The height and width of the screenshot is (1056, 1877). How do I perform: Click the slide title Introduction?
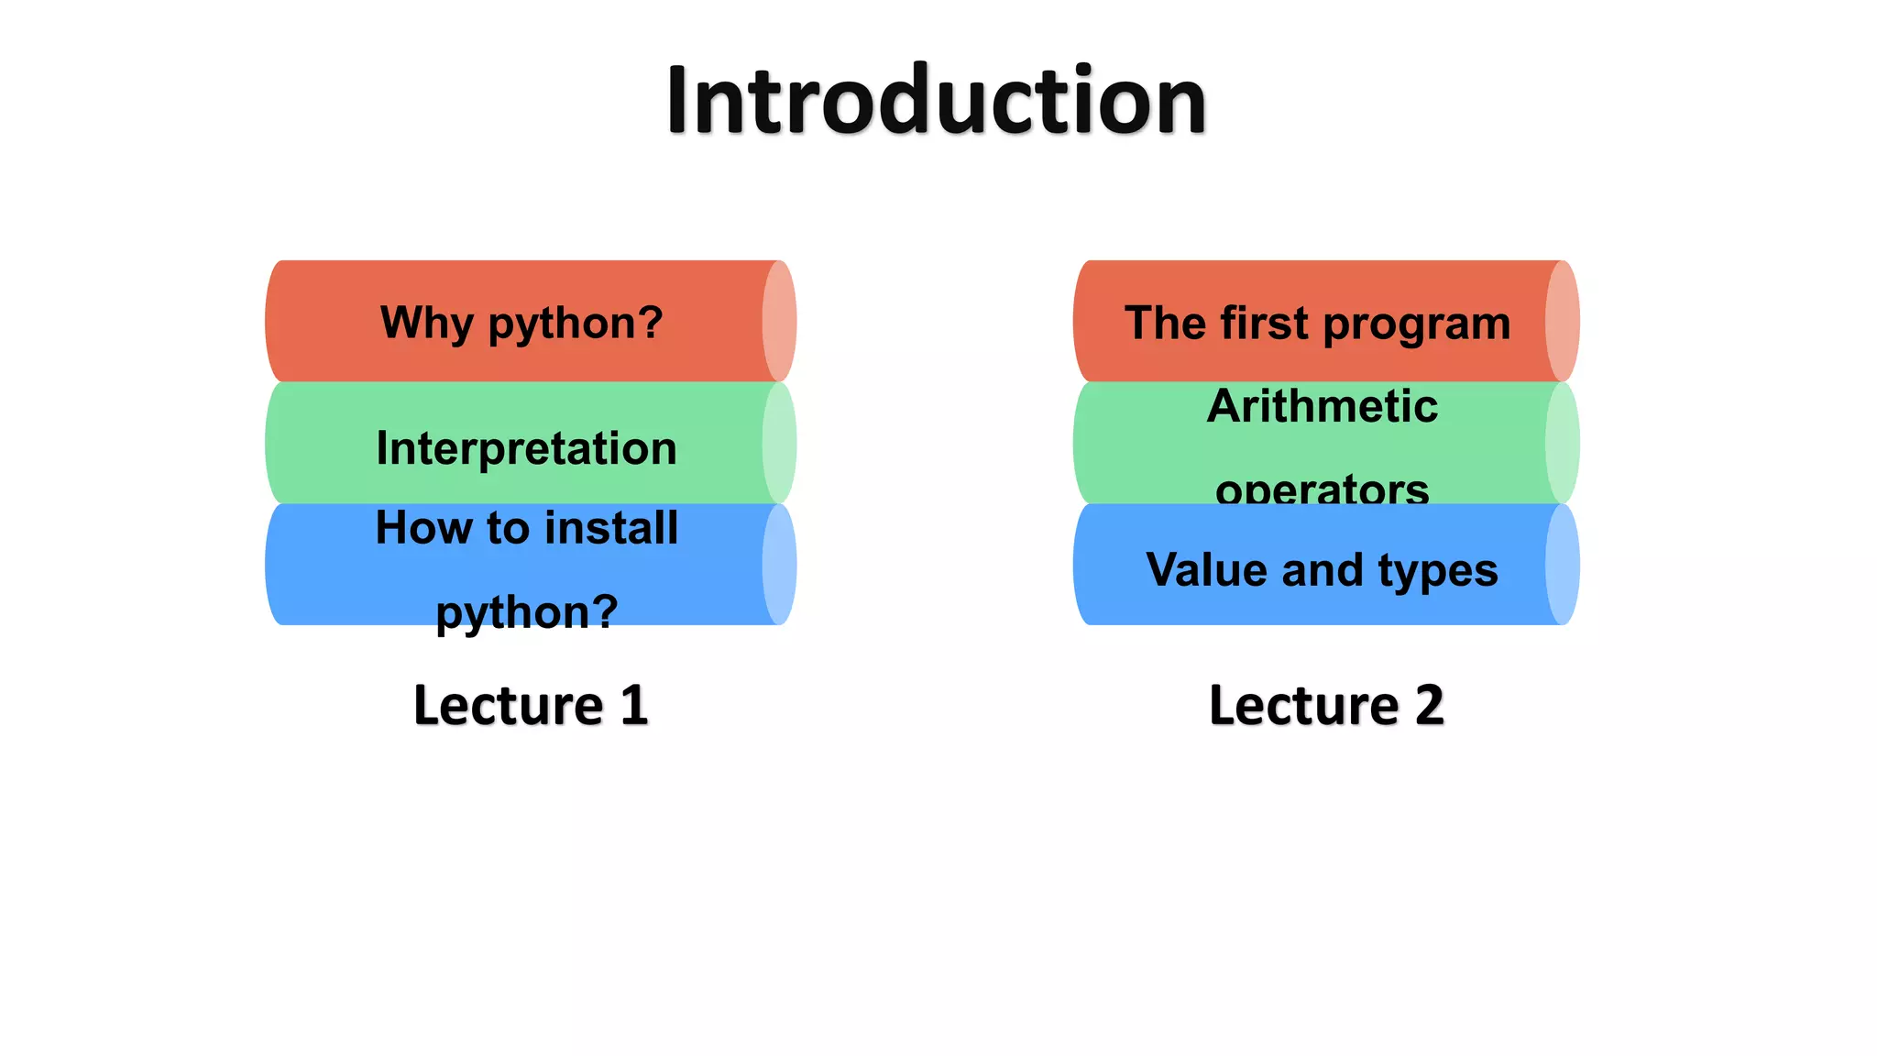[936, 100]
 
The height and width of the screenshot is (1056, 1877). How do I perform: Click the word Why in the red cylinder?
[427, 323]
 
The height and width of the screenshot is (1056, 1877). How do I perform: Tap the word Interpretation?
[526, 448]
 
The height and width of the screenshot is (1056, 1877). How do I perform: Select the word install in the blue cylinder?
[611, 528]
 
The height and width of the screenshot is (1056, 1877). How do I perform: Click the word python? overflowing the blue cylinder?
[526, 611]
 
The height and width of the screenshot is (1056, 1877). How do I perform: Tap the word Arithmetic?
[1322, 406]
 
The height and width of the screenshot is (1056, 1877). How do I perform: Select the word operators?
[1322, 489]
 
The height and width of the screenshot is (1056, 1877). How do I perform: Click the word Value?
[1206, 569]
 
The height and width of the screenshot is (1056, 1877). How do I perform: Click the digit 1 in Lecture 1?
[633, 705]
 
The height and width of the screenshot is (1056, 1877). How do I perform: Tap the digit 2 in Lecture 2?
[1428, 705]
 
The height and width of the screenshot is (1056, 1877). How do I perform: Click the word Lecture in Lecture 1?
[508, 705]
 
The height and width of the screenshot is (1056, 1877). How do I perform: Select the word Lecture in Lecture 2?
[1303, 705]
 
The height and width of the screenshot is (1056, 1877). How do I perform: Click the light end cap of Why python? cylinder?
[779, 321]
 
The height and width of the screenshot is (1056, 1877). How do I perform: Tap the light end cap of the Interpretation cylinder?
[779, 443]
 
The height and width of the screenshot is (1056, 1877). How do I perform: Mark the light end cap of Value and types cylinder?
[1562, 565]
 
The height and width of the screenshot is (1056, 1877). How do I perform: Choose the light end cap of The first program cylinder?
[1562, 321]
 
